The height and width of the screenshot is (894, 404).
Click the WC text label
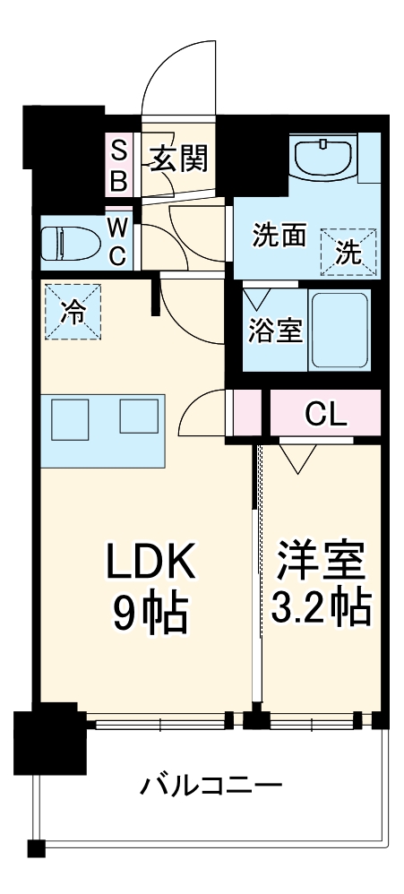pyautogui.click(x=118, y=242)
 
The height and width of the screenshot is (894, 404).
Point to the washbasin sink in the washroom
pyautogui.click(x=323, y=159)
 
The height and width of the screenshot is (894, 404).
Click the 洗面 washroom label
pyautogui.click(x=279, y=236)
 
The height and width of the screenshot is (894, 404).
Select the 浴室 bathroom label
pyautogui.click(x=274, y=330)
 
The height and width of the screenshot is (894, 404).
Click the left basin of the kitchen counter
pyautogui.click(x=70, y=417)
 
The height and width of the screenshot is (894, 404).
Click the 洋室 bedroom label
pyautogui.click(x=320, y=562)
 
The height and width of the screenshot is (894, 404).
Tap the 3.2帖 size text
pyautogui.click(x=320, y=609)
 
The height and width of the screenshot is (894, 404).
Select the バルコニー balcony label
pyautogui.click(x=211, y=787)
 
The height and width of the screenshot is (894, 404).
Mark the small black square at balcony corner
pyautogui.click(x=36, y=848)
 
